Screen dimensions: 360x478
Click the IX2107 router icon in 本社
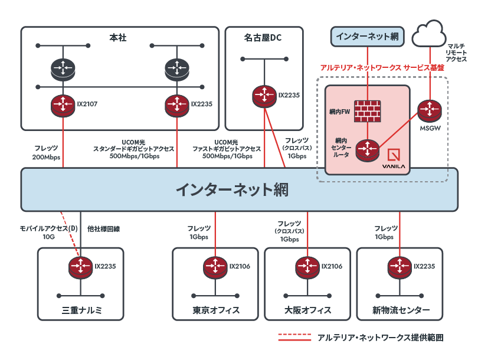click(x=62, y=104)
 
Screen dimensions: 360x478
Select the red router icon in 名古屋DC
click(x=264, y=95)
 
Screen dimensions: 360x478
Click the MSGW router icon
click(x=430, y=110)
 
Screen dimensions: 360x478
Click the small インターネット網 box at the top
click(x=366, y=37)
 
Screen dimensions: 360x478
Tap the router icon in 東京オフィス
click(x=215, y=267)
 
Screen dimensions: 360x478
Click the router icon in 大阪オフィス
click(x=307, y=267)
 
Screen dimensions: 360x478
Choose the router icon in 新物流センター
click(x=400, y=267)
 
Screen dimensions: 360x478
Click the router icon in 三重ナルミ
click(x=80, y=267)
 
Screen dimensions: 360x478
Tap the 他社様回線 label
click(x=107, y=228)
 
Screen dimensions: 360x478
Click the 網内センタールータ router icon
click(x=366, y=149)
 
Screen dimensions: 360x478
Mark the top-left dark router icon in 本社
click(x=62, y=68)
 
